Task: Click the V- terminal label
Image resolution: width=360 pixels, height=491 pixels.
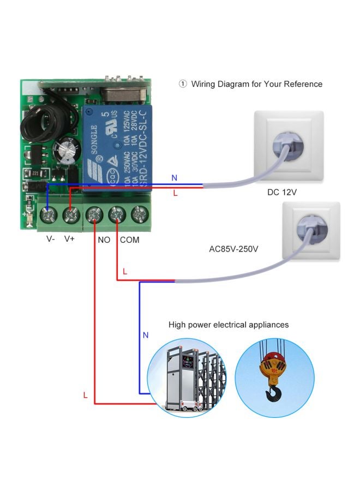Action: [50, 239]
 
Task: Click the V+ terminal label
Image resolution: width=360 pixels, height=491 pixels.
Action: [70, 239]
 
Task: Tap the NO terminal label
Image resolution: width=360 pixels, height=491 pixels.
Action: [104, 239]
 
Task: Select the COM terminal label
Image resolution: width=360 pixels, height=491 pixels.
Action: [129, 239]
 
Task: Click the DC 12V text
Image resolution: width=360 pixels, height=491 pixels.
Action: [282, 192]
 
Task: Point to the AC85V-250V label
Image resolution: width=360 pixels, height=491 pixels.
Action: [233, 249]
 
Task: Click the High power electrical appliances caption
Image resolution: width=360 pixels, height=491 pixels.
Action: [229, 325]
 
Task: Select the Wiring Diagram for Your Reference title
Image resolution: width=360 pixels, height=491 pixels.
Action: [256, 84]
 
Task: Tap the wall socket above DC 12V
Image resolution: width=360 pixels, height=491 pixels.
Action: [289, 146]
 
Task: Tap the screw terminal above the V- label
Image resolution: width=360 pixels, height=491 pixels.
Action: [48, 214]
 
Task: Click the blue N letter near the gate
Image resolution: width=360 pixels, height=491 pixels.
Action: [145, 335]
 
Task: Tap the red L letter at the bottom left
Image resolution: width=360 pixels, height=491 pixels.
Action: [85, 396]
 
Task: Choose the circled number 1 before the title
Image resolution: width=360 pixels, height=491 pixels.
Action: [183, 84]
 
